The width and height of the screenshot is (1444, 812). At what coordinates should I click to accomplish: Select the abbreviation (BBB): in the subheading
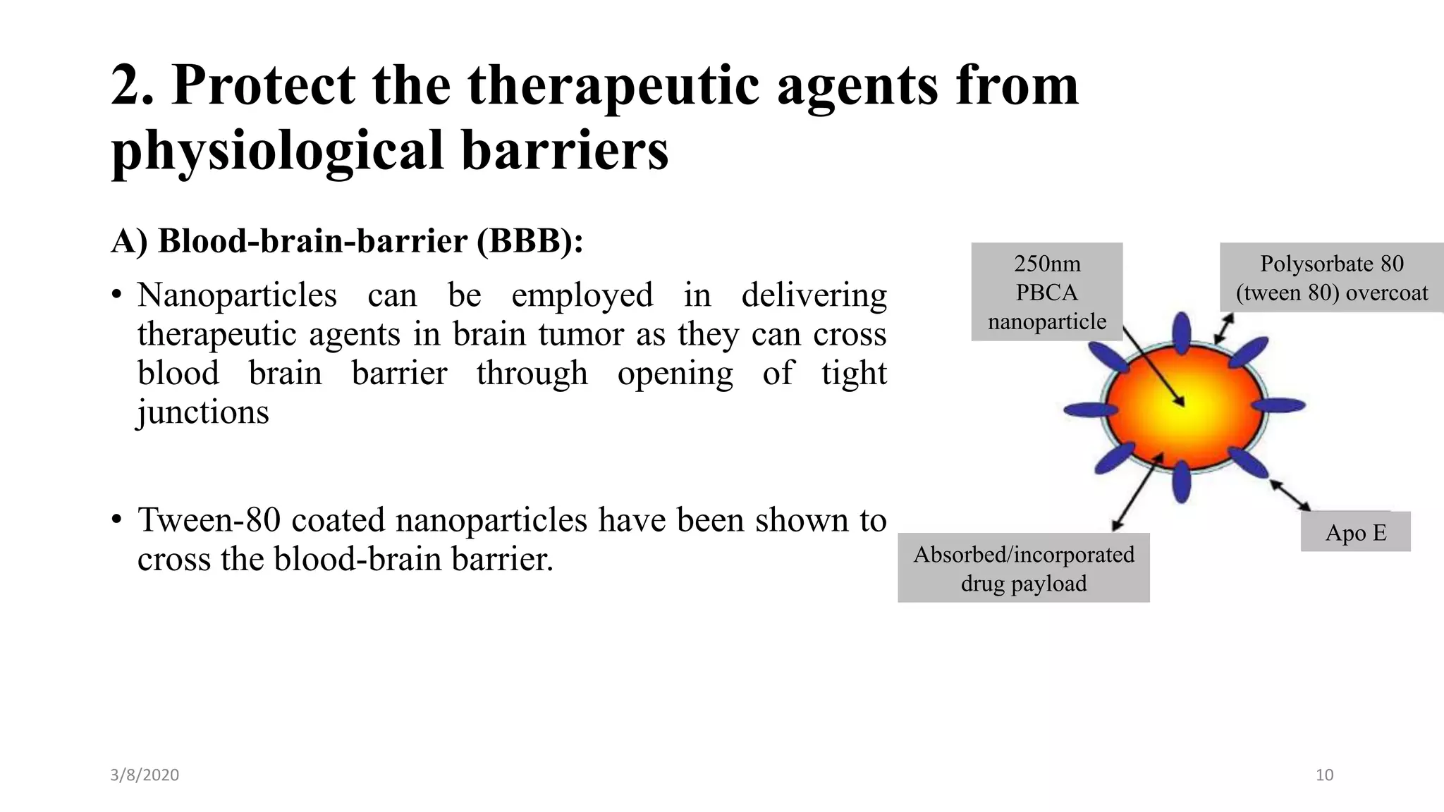(x=530, y=241)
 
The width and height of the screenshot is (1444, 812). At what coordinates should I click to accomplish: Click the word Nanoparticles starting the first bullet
(x=237, y=295)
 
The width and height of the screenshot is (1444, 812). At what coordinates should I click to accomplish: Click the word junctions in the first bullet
(x=203, y=412)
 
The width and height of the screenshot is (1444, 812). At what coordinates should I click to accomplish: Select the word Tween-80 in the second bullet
(x=209, y=521)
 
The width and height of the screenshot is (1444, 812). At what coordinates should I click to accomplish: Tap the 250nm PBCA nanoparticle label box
(x=1046, y=292)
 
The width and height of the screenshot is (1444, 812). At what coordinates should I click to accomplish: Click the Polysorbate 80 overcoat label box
(x=1331, y=278)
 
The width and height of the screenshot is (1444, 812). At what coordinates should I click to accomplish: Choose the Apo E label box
(x=1355, y=532)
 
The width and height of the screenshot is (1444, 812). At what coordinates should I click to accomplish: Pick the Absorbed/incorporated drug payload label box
(x=1023, y=568)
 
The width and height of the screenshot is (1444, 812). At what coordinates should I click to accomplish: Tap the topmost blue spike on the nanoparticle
(x=1182, y=332)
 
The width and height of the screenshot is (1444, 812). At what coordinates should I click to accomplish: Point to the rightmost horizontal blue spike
(x=1279, y=405)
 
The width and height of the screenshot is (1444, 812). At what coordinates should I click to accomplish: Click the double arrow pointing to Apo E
(x=1290, y=495)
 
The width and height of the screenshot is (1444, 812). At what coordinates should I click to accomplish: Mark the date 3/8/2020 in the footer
(x=145, y=775)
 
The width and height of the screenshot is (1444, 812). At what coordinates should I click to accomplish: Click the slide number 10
(x=1324, y=775)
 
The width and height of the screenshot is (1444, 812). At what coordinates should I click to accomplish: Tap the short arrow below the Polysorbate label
(x=1225, y=328)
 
